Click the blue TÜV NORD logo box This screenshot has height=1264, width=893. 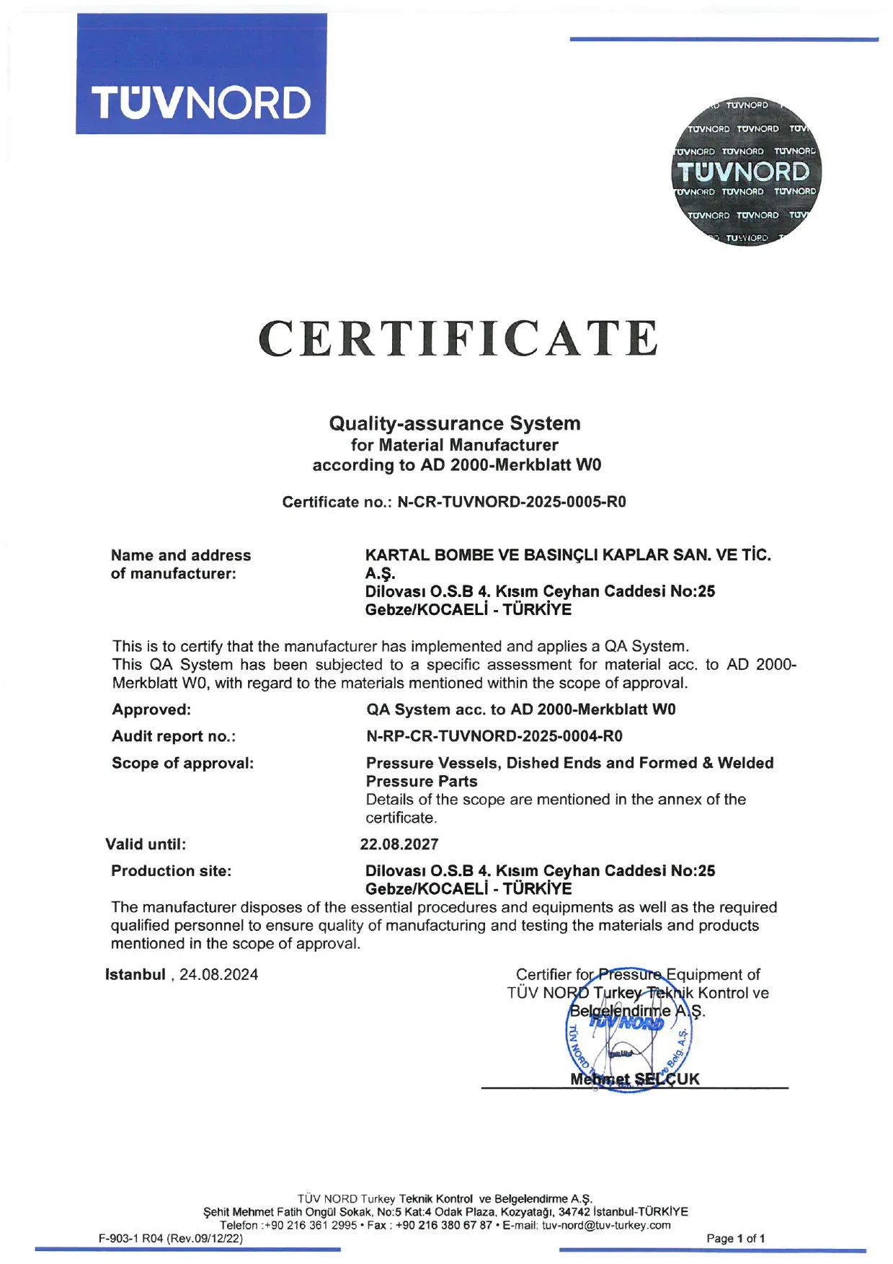(201, 74)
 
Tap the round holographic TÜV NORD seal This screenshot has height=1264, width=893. (745, 172)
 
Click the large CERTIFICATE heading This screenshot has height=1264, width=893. (458, 339)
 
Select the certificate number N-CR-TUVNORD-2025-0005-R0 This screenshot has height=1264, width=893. (511, 502)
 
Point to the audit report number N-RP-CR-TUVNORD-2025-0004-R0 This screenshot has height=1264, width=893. (494, 736)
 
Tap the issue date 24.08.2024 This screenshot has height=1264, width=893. (219, 975)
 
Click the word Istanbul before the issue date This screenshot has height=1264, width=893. (135, 975)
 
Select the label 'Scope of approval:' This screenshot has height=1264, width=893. (183, 763)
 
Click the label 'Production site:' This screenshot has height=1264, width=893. (172, 871)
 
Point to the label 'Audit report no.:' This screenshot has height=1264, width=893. (174, 736)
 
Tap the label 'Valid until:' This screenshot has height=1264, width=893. (146, 844)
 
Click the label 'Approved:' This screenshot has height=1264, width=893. (151, 710)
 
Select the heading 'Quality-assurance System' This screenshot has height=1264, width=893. (455, 423)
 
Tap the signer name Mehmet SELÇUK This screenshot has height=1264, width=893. (634, 1079)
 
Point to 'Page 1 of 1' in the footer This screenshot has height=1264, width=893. (736, 1238)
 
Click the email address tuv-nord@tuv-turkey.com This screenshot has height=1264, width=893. (606, 1225)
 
